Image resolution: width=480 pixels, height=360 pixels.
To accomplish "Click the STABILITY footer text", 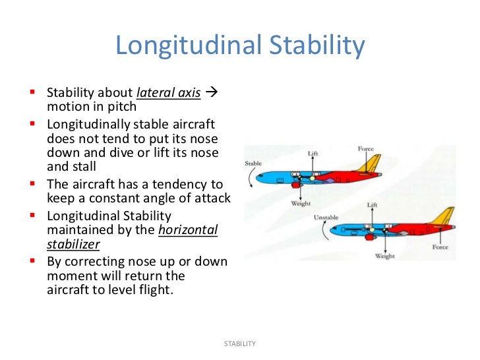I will coord(239,344).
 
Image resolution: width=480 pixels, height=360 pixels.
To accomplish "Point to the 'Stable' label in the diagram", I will coord(253,163).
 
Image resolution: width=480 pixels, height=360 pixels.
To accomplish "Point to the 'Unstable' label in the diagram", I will coord(326,217).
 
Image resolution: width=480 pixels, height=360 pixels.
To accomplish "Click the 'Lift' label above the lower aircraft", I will coord(372,206).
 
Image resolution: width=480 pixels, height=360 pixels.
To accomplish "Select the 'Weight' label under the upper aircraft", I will coord(301,204).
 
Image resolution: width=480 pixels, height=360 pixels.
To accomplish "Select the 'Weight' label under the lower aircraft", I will coord(384,256).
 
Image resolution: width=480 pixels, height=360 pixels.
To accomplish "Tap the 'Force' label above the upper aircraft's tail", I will coord(366,149).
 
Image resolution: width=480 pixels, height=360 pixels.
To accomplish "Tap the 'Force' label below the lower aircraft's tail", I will coord(440,247).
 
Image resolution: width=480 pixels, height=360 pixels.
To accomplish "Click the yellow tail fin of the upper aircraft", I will coord(373,164).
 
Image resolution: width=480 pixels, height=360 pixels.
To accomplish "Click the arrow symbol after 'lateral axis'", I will coord(212,92).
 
